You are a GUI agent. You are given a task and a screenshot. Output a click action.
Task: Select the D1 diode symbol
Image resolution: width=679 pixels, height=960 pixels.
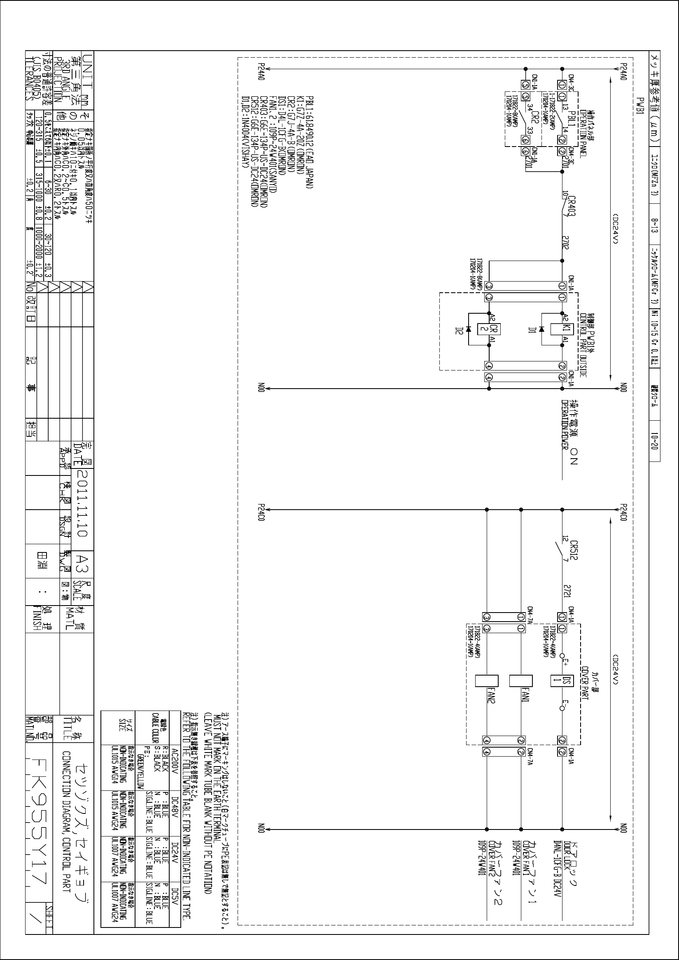(542, 329)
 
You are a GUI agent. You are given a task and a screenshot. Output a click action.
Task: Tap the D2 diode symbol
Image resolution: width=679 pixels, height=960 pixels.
(469, 329)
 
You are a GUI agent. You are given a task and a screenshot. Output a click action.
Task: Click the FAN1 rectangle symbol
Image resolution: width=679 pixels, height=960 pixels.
(521, 681)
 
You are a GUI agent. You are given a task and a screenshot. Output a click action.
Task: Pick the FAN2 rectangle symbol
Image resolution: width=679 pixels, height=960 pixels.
(487, 681)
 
